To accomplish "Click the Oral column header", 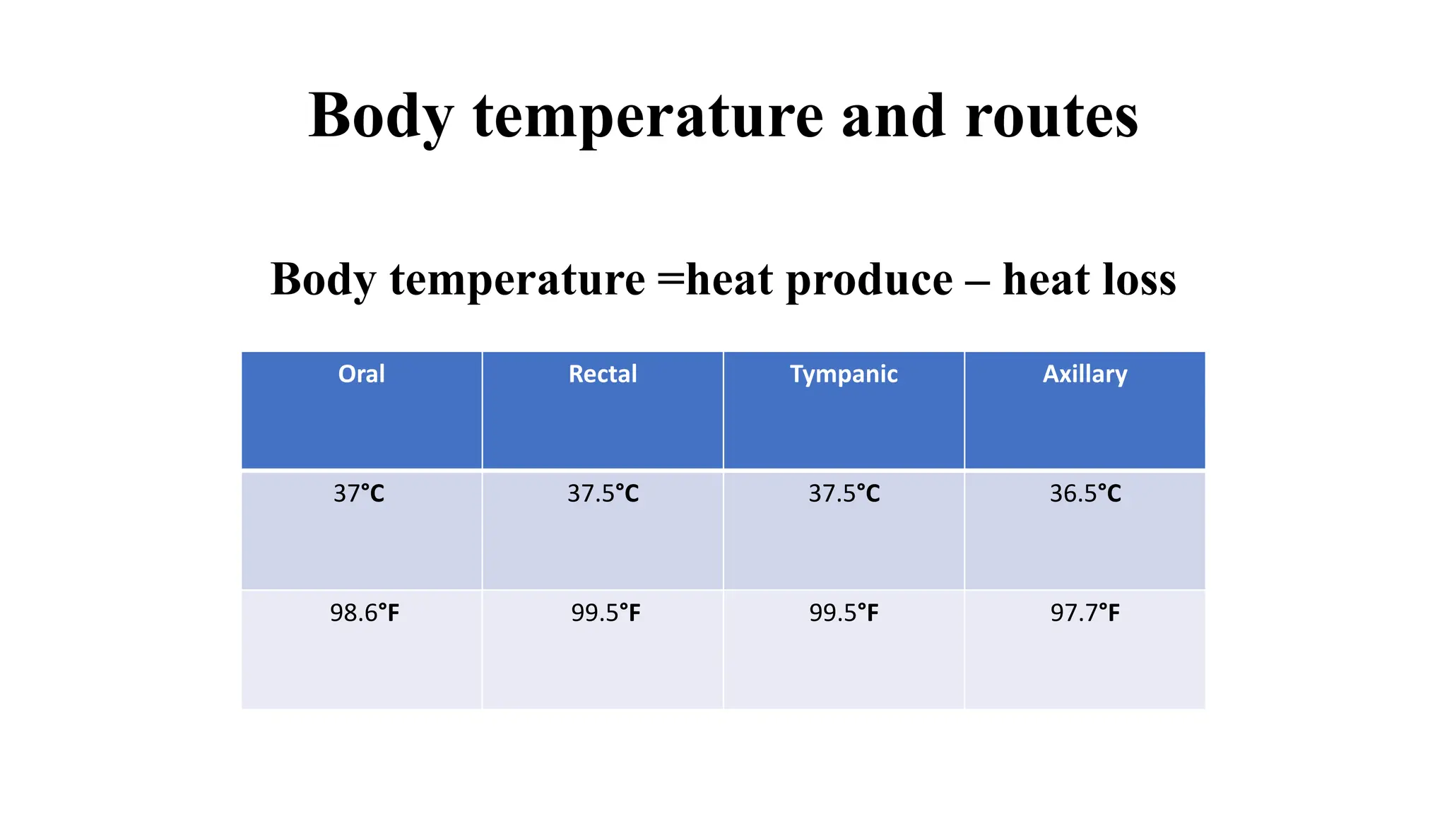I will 361,374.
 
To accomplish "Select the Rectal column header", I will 603,374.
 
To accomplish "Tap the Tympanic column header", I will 844,374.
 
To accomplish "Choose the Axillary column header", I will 1085,374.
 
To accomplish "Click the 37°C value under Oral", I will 359,493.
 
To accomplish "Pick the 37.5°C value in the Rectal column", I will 603,493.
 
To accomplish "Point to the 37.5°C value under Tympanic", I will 844,493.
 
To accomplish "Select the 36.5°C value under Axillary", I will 1085,493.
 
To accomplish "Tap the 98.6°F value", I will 365,613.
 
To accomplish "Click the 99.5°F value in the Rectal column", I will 606,613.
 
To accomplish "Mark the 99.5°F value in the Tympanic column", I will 844,613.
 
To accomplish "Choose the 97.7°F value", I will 1085,613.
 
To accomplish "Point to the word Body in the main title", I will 381,116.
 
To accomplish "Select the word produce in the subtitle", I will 869,280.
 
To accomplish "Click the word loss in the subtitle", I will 1139,280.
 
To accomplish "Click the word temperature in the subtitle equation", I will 517,280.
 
